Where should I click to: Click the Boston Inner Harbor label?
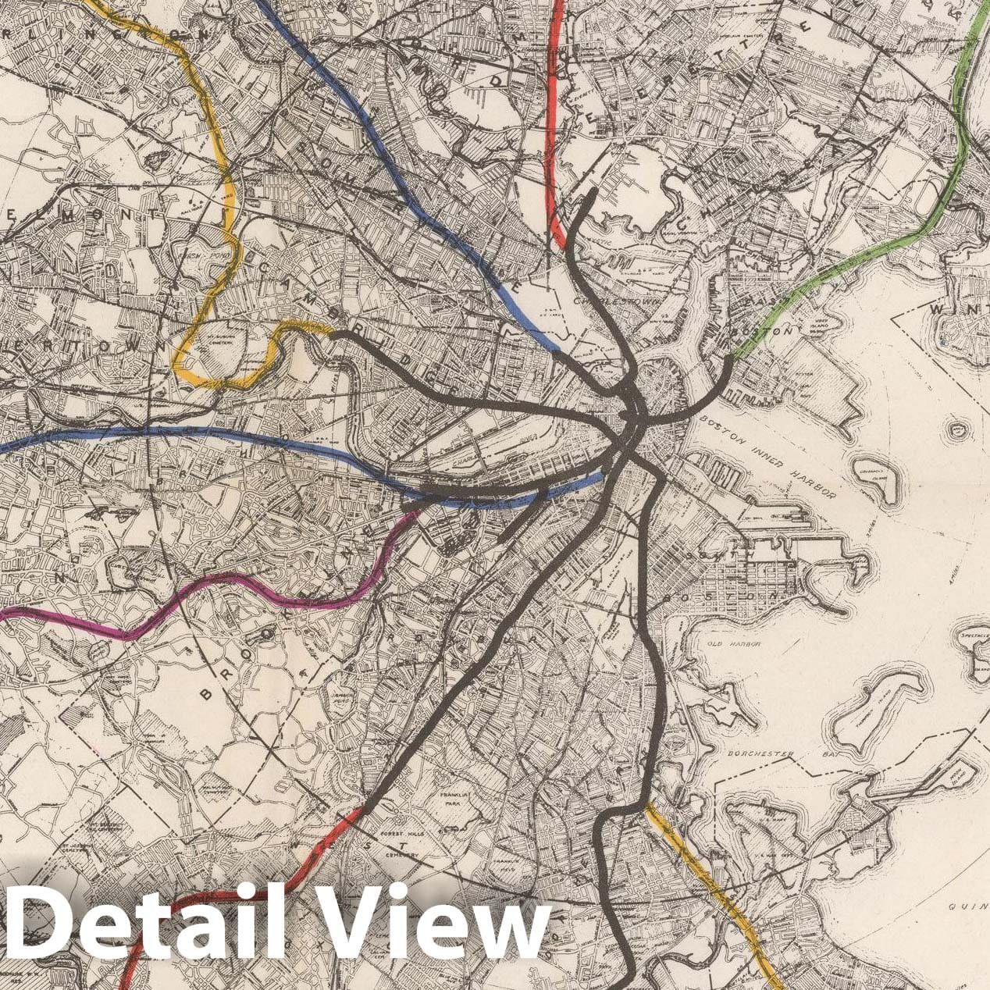pos(768,457)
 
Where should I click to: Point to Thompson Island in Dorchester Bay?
pos(878,707)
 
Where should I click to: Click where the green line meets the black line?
pos(730,359)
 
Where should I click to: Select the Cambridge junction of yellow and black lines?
pos(333,334)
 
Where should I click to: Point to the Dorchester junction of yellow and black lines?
pos(646,804)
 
